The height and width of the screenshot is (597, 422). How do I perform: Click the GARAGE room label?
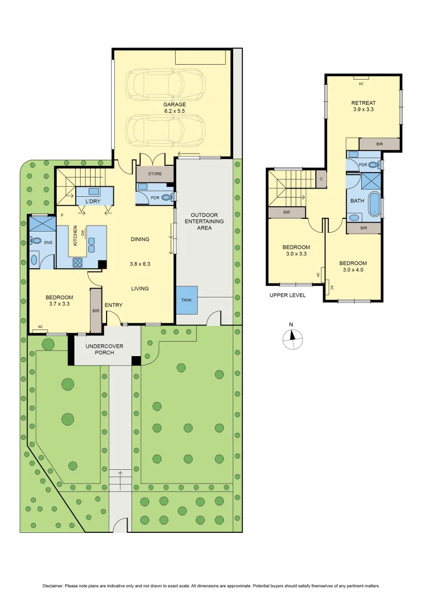(x=174, y=104)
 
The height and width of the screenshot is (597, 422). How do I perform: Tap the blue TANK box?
(x=187, y=300)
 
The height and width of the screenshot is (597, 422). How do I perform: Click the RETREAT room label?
(x=363, y=103)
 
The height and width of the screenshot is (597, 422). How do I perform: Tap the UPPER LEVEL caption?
(x=287, y=295)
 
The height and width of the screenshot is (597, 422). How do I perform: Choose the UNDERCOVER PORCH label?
(x=104, y=349)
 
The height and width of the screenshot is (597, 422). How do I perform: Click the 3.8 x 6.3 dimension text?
(x=140, y=264)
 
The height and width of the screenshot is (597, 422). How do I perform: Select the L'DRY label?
(x=92, y=201)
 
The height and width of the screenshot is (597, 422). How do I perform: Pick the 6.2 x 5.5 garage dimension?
(x=174, y=111)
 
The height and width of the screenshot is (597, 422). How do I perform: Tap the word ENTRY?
(x=113, y=305)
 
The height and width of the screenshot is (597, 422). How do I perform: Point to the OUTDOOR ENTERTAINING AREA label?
(x=207, y=221)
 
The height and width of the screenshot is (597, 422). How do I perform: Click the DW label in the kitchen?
(x=83, y=234)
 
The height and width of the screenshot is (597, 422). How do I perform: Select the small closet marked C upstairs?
(x=320, y=179)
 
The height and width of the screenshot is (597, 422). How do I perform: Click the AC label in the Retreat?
(x=361, y=83)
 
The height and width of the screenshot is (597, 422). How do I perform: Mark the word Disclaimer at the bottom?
(x=55, y=586)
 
